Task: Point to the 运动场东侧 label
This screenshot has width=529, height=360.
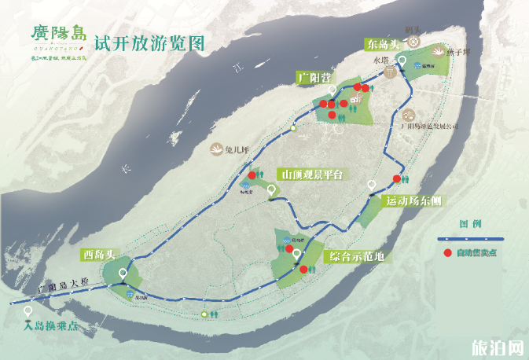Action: click(413, 201)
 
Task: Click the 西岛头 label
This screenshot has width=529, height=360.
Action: click(100, 255)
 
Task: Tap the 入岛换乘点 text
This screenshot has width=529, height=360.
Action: click(53, 325)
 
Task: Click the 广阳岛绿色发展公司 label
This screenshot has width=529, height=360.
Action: click(428, 125)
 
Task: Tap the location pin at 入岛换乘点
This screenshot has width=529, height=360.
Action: click(30, 310)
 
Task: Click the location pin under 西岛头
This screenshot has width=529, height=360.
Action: click(123, 274)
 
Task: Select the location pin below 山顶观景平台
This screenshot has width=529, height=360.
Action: click(272, 189)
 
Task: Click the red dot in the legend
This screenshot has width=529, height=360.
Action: click(447, 253)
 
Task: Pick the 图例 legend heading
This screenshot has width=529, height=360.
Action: click(470, 224)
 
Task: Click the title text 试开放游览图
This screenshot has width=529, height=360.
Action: click(149, 42)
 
